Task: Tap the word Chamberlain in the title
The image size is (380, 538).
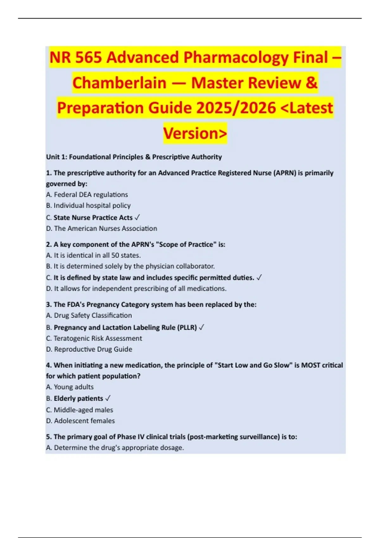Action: [119, 83]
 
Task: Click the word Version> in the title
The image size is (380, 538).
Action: [195, 133]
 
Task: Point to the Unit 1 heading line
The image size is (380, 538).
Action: [134, 157]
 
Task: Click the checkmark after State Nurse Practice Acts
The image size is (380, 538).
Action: [137, 218]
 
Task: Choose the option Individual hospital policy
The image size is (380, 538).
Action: [92, 206]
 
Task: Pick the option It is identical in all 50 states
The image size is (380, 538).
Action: [97, 255]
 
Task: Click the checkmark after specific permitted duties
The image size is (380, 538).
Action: [259, 278]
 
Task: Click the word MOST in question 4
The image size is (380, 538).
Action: [310, 365]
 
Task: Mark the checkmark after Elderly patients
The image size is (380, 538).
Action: [108, 399]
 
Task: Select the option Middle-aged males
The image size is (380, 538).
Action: [83, 410]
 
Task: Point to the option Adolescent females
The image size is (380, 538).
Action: [84, 421]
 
